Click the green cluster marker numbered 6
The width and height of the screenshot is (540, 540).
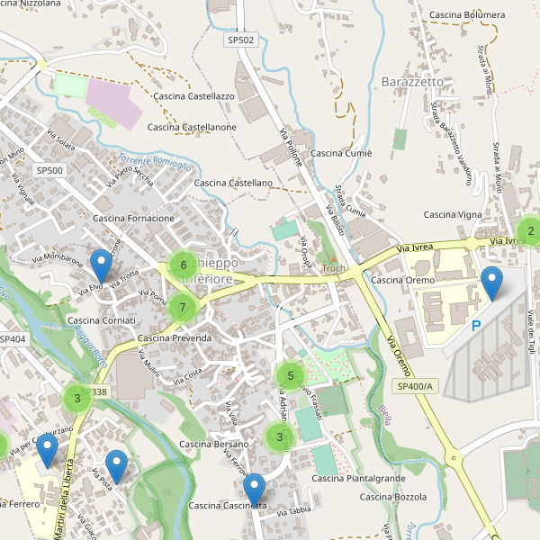coord(184,265)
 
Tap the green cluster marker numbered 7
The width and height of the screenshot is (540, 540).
coord(183,308)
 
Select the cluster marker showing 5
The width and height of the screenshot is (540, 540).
coord(290,376)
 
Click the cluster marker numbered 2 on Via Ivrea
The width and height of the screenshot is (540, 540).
coord(531,231)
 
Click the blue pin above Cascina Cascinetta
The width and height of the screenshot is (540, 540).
coord(255,490)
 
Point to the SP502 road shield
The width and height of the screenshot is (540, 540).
coord(240,41)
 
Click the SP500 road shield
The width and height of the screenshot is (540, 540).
coord(49,170)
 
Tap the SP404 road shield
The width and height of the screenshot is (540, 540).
coord(13,339)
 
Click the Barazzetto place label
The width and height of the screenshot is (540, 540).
coord(413,81)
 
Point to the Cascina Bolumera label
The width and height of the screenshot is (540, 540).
coord(467,15)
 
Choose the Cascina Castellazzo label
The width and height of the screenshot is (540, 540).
coord(194,95)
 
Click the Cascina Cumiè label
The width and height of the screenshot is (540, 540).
coord(342,153)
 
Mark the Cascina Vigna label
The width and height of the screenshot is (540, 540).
coord(453,214)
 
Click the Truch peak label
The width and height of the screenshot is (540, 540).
coord(333,268)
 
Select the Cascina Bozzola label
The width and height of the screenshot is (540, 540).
coord(392,497)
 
